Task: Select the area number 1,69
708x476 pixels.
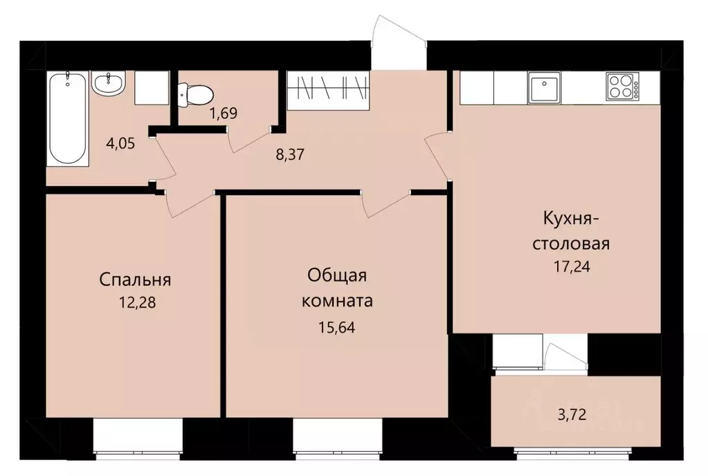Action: tap(224, 113)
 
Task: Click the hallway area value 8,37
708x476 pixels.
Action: tap(291, 154)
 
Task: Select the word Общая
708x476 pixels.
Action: tap(337, 275)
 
